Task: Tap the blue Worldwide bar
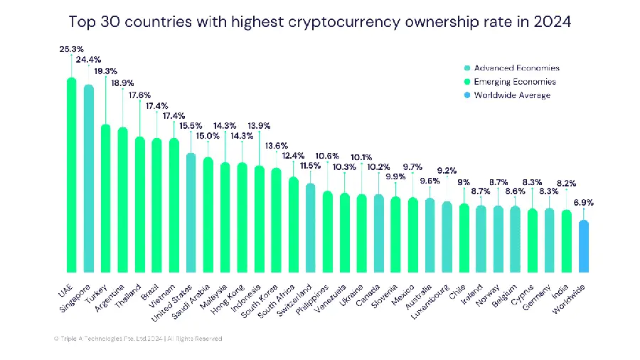click(583, 246)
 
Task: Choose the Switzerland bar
click(310, 227)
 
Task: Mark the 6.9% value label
click(583, 203)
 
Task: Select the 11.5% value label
click(310, 165)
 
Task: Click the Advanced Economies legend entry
click(511, 68)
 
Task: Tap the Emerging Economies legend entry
click(511, 82)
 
